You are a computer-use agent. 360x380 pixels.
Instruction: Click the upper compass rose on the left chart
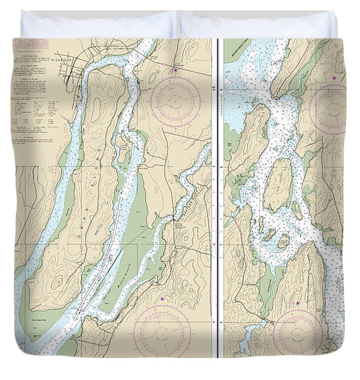pyautogui.click(x=175, y=102)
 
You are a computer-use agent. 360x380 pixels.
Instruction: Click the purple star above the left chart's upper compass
pyautogui.click(x=175, y=70)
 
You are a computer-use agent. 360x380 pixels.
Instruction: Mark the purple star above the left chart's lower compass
pyautogui.click(x=162, y=299)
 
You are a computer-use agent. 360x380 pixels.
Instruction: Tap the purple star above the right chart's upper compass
pyautogui.click(x=334, y=78)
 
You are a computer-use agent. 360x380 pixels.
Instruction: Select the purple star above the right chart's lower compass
pyautogui.click(x=298, y=303)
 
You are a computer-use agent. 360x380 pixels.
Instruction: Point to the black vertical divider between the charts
pyautogui.click(x=218, y=196)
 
